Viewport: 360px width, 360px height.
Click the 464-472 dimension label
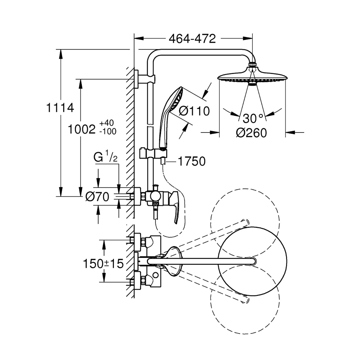coord(192,39)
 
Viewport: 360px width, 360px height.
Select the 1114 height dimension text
coord(60,108)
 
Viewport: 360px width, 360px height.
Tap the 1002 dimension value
coord(82,129)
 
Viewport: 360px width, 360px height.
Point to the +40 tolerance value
coord(107,123)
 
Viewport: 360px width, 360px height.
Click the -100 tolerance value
coord(108,132)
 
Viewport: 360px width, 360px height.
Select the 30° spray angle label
coord(253,118)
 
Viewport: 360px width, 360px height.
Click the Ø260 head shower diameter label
coord(251,133)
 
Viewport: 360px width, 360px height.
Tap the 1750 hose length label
coord(192,161)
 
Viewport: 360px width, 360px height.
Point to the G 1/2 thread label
coord(105,157)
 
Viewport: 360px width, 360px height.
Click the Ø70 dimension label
coord(97,197)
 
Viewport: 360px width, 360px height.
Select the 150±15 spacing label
coord(103,264)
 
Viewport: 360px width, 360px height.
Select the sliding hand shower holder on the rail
coord(153,154)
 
